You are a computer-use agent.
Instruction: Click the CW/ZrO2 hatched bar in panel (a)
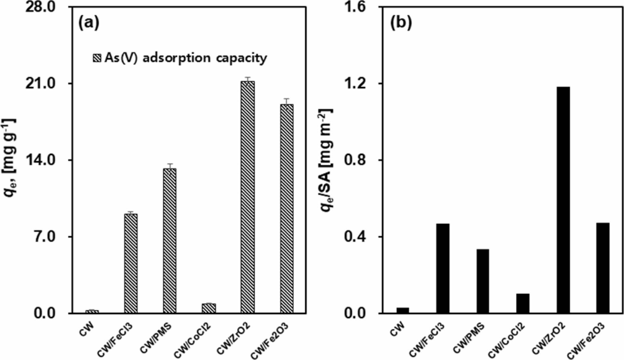(x=248, y=197)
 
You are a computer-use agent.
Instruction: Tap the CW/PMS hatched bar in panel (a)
(x=170, y=241)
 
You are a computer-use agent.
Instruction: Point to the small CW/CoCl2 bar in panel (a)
(x=209, y=308)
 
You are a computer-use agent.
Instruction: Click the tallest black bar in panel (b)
(x=563, y=200)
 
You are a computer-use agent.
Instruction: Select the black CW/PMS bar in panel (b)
(x=482, y=281)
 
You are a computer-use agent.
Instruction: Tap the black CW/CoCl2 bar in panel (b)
(x=523, y=303)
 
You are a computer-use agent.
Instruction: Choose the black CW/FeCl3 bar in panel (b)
(x=443, y=268)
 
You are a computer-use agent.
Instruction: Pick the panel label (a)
(x=89, y=23)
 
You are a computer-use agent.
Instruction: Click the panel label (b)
(x=401, y=23)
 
